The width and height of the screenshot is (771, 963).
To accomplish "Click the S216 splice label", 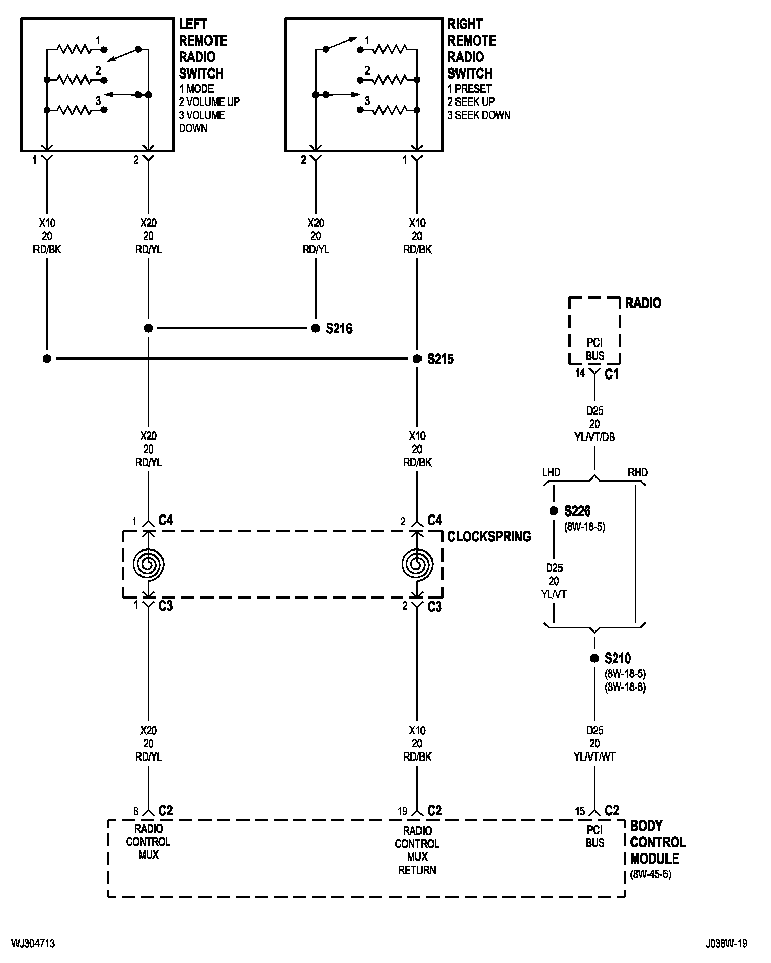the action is click(339, 329).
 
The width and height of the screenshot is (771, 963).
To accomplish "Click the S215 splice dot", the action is click(417, 359).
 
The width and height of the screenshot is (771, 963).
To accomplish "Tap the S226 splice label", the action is click(577, 511).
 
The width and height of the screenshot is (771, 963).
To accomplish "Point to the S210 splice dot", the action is click(594, 658).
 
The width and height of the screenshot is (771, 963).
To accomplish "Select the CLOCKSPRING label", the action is click(489, 536).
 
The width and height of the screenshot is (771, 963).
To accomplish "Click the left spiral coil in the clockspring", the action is click(148, 564).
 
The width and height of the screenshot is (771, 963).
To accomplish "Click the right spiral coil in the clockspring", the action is click(417, 564).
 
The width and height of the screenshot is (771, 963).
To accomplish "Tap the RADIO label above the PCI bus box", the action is click(643, 303).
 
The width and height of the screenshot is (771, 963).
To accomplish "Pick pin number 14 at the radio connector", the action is click(580, 373).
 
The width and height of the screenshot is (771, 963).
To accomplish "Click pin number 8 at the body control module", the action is click(136, 811).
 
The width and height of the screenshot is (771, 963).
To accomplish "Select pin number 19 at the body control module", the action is click(402, 811).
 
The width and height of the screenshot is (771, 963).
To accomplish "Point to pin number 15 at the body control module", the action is click(580, 811).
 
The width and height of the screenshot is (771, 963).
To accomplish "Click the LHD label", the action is click(551, 472).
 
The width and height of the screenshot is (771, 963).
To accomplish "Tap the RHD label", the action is click(638, 472).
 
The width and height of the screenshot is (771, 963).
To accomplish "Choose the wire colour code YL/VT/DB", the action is click(594, 437).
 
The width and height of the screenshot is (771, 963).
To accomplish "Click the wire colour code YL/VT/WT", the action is click(594, 756).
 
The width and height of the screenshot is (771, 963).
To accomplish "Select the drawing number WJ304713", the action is click(33, 944).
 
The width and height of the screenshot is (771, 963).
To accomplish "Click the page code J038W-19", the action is click(726, 944).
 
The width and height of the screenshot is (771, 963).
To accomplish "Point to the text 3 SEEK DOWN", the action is click(479, 115).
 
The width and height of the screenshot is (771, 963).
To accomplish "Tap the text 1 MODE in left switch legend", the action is click(196, 89).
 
